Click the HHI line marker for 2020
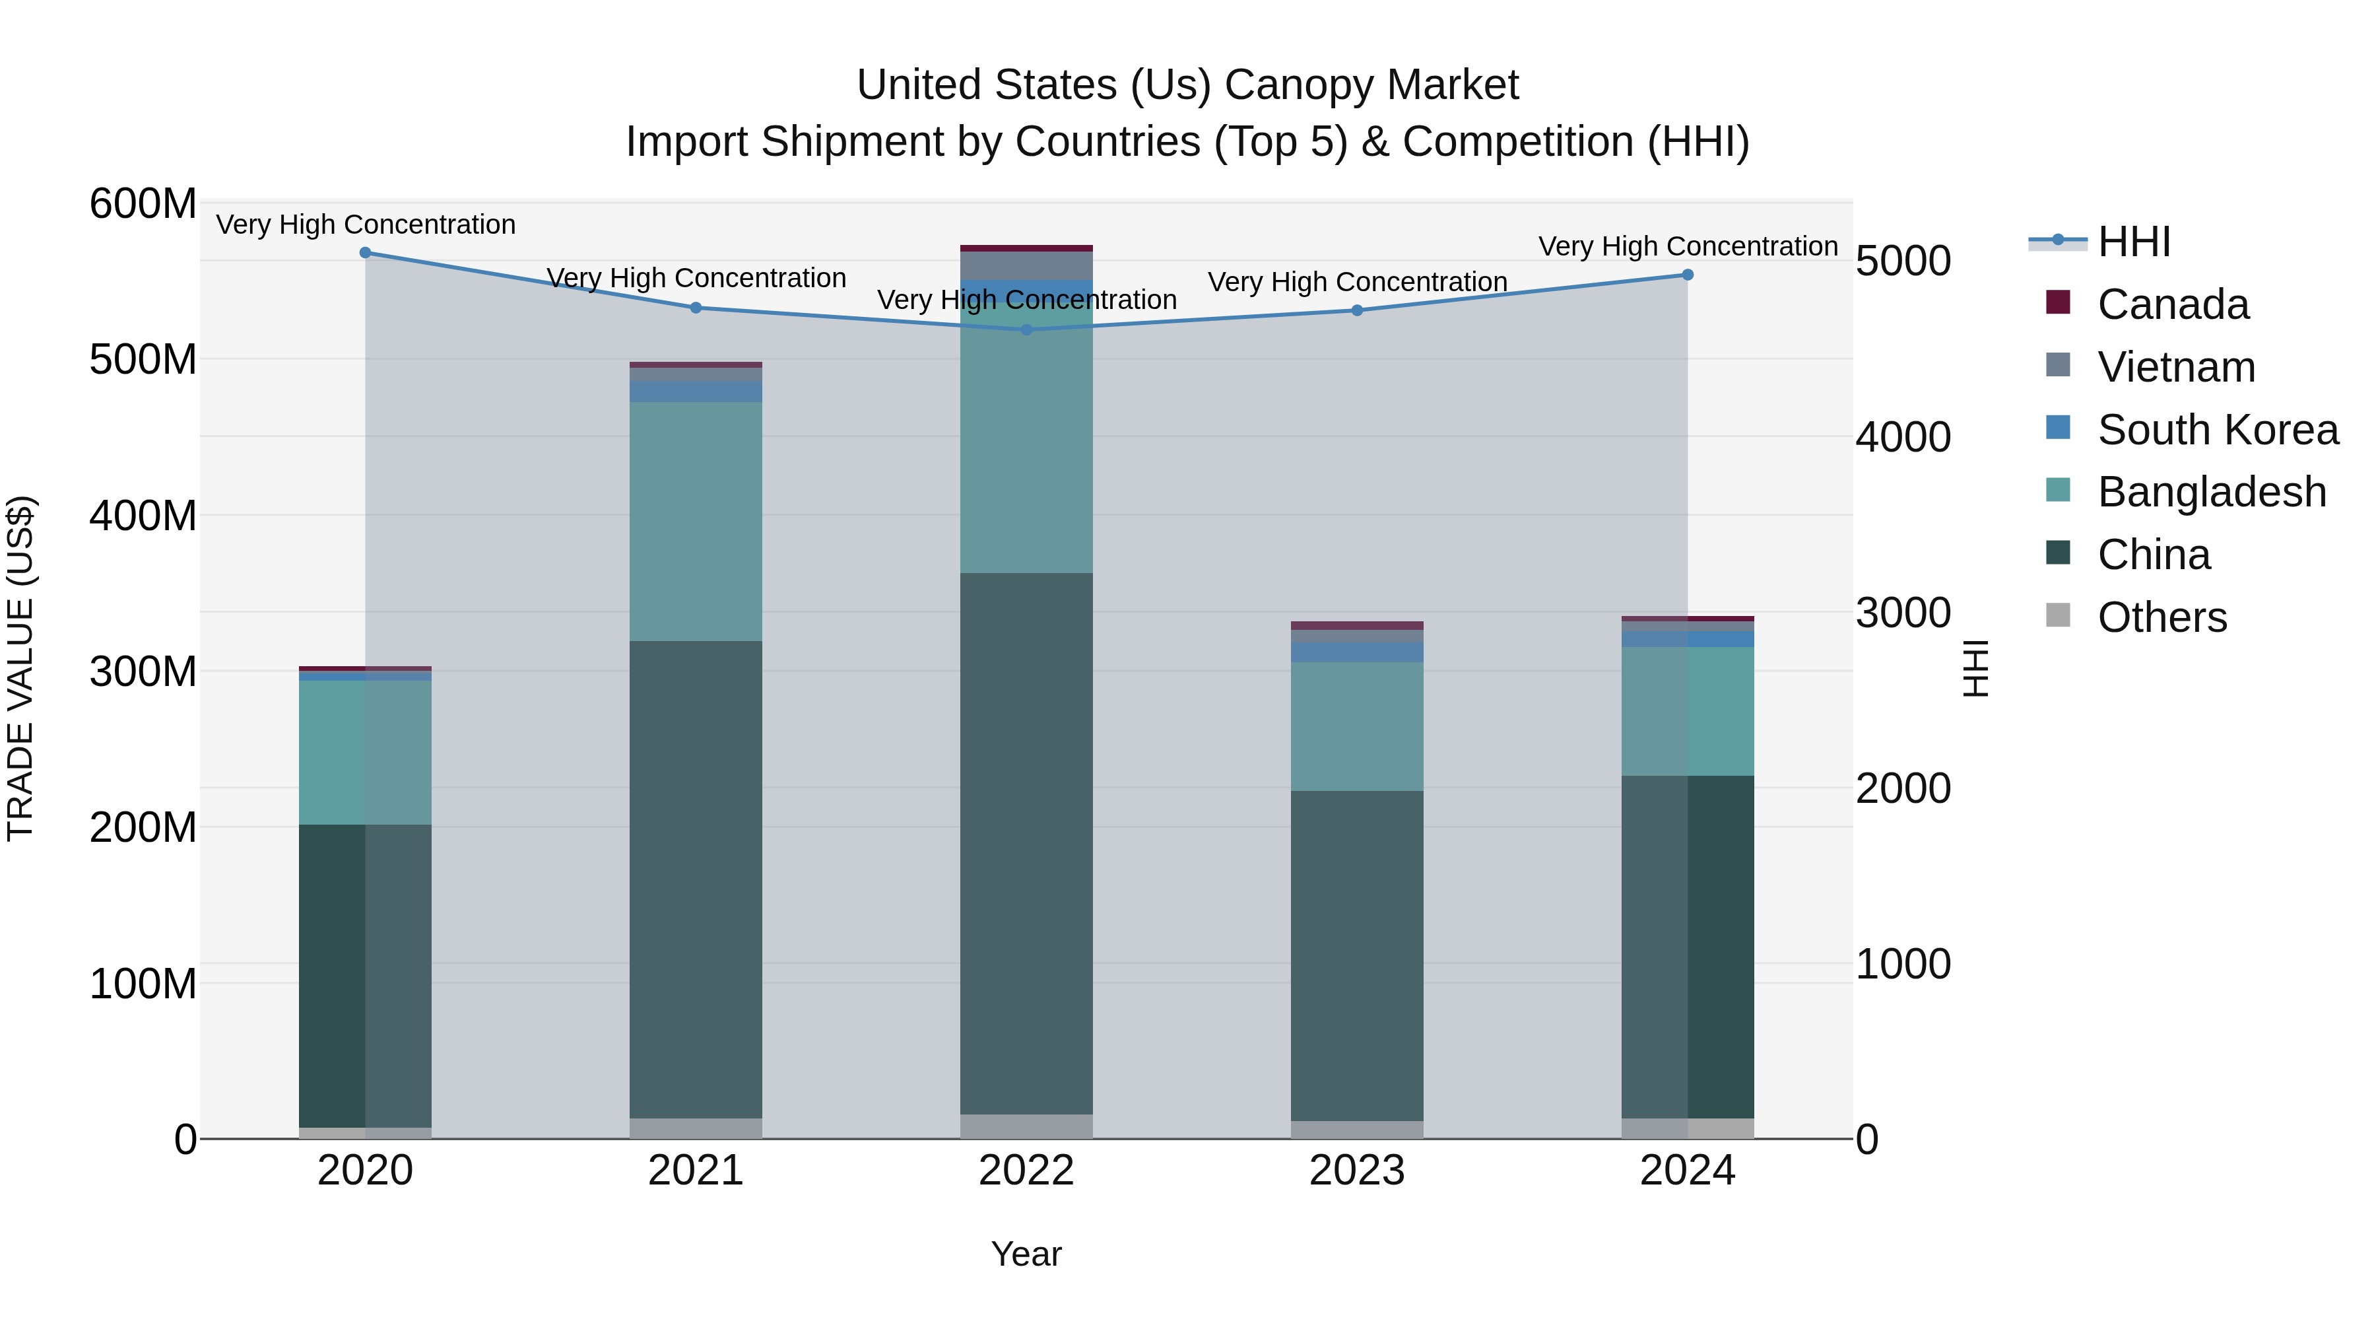click(365, 253)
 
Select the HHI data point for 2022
click(1026, 330)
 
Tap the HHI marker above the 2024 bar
click(1688, 275)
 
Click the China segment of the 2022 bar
click(1026, 844)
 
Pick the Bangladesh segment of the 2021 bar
click(696, 522)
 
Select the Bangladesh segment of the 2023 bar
click(1357, 726)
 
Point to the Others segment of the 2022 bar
click(1026, 1126)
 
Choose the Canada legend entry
click(2172, 304)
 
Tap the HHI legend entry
click(2133, 242)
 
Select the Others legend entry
click(2161, 617)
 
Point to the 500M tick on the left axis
click(143, 360)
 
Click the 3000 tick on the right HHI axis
click(1902, 613)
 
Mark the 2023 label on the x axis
click(1357, 1171)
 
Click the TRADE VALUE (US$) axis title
click(20, 669)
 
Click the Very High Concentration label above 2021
click(696, 278)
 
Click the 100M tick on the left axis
click(143, 984)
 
